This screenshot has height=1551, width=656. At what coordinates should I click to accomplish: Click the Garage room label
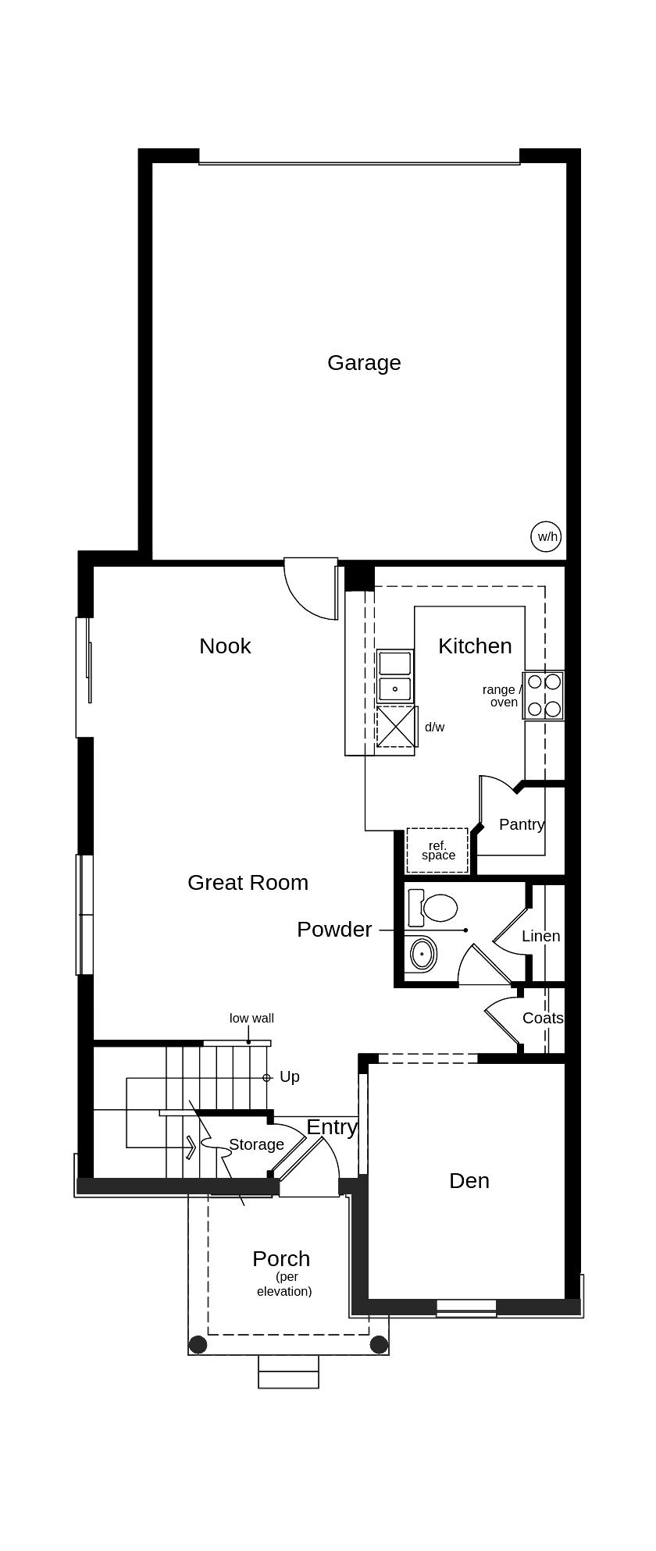point(364,363)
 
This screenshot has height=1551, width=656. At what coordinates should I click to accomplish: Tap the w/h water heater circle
point(547,536)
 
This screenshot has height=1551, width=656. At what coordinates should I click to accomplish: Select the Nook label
point(225,646)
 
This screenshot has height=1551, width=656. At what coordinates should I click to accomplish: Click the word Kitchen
point(475,646)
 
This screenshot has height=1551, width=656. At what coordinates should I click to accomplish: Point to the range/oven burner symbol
point(544,695)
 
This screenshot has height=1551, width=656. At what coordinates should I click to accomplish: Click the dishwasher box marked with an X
point(397,726)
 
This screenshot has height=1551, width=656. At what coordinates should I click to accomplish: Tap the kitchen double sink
point(395,676)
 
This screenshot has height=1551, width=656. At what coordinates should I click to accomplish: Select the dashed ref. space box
point(437,850)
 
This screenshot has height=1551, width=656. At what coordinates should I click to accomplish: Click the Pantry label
point(521,824)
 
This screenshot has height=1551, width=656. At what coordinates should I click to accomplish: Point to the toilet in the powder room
point(434,908)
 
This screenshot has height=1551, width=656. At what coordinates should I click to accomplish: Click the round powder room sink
point(422,954)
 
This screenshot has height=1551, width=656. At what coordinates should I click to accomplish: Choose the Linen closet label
point(540,936)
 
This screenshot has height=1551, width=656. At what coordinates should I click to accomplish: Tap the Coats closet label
point(543,1018)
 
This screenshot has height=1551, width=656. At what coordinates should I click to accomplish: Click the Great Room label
point(248,883)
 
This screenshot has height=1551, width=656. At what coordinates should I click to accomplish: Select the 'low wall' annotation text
point(251,1018)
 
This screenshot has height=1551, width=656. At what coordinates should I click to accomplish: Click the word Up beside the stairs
point(290,1077)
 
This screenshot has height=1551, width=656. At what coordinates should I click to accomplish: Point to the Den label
point(469,1181)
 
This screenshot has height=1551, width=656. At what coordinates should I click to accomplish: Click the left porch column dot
point(198,1344)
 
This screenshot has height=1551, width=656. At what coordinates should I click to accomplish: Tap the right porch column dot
point(379,1344)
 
